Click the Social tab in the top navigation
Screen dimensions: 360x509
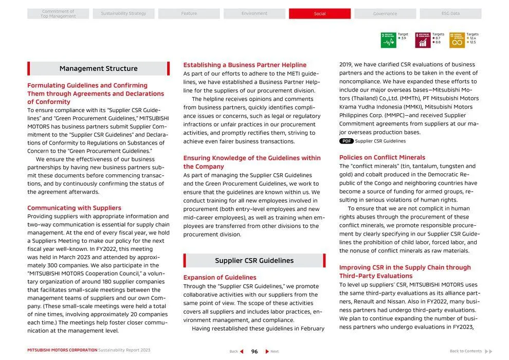pyautogui.click(x=319, y=14)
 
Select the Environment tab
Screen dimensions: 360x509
pyautogui.click(x=254, y=14)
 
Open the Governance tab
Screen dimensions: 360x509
pyautogui.click(x=385, y=14)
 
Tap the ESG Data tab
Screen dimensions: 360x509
pyautogui.click(x=450, y=14)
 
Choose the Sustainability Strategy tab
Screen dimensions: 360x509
pyautogui.click(x=123, y=14)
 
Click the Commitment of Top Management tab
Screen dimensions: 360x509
pyautogui.click(x=58, y=14)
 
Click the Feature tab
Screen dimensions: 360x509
pyautogui.click(x=189, y=14)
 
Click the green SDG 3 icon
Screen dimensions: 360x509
pyautogui.click(x=388, y=40)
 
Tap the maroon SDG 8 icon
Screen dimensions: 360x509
pyautogui.click(x=423, y=40)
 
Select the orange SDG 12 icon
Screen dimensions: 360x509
pyautogui.click(x=457, y=40)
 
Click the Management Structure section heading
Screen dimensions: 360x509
pyautogui.click(x=98, y=68)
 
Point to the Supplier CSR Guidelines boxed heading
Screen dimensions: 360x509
pyautogui.click(x=254, y=261)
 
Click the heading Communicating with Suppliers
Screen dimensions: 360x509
pyautogui.click(x=74, y=208)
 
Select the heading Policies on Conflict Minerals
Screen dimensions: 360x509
pyautogui.click(x=382, y=157)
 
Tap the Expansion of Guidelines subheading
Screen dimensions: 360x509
pyautogui.click(x=220, y=278)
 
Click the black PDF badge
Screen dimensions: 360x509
pyautogui.click(x=347, y=141)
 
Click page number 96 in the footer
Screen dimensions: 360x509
pyautogui.click(x=254, y=352)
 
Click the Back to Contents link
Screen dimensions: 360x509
pyautogui.click(x=466, y=351)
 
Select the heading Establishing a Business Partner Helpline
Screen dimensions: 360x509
pyautogui.click(x=245, y=65)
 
